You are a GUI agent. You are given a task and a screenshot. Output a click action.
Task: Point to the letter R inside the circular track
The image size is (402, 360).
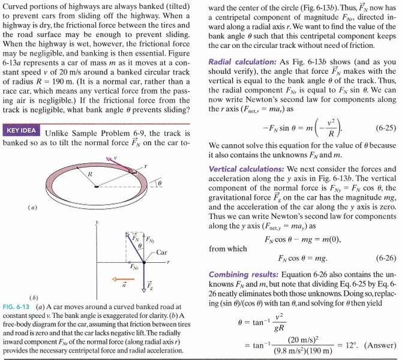[91, 173]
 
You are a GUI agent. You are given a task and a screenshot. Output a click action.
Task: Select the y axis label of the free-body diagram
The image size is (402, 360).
[96, 223]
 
